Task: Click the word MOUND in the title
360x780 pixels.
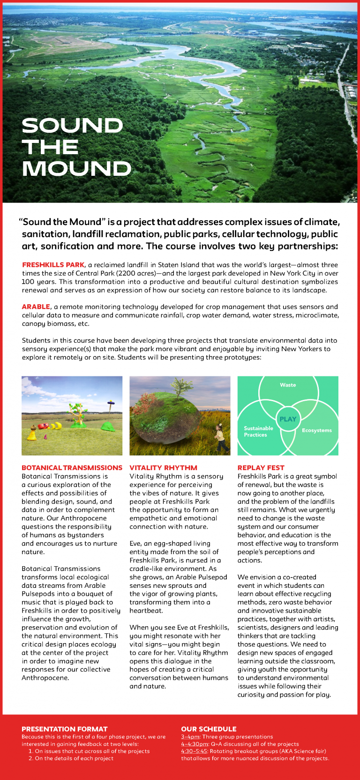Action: [76, 169]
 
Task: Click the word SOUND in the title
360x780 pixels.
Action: [72, 126]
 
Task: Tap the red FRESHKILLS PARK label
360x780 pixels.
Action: [53, 265]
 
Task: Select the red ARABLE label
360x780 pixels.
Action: [36, 307]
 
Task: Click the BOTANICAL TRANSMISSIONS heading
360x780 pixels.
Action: [72, 468]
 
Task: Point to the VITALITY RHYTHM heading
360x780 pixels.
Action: [163, 468]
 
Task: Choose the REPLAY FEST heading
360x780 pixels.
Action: [261, 468]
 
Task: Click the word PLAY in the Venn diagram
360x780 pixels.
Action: [288, 419]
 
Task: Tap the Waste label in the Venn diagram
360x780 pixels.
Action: [288, 385]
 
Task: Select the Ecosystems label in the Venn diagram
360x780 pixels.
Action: [316, 430]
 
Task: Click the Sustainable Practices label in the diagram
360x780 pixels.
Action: [258, 432]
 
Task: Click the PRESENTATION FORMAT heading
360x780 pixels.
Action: [64, 729]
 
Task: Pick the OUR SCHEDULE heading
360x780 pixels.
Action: [209, 729]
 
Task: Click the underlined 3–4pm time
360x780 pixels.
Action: [190, 737]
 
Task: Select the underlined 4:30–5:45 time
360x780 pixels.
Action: [194, 751]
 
